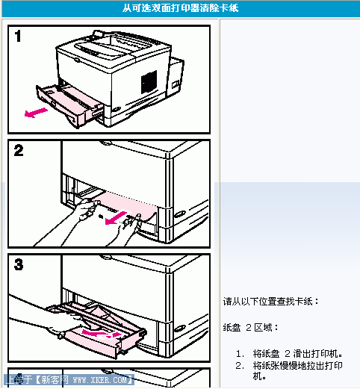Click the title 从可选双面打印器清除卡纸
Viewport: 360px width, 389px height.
pyautogui.click(x=180, y=8)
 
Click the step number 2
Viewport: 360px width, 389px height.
pyautogui.click(x=19, y=151)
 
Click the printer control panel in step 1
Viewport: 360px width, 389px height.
pyautogui.click(x=93, y=49)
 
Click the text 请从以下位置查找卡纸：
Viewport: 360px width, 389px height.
pyautogui.click(x=271, y=302)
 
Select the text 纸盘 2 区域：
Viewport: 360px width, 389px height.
pyautogui.click(x=250, y=328)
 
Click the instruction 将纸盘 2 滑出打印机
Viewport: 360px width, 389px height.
pyautogui.click(x=297, y=353)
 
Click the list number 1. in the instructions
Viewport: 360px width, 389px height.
pyautogui.click(x=239, y=353)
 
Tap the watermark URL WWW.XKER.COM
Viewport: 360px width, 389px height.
pyautogui.click(x=102, y=380)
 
